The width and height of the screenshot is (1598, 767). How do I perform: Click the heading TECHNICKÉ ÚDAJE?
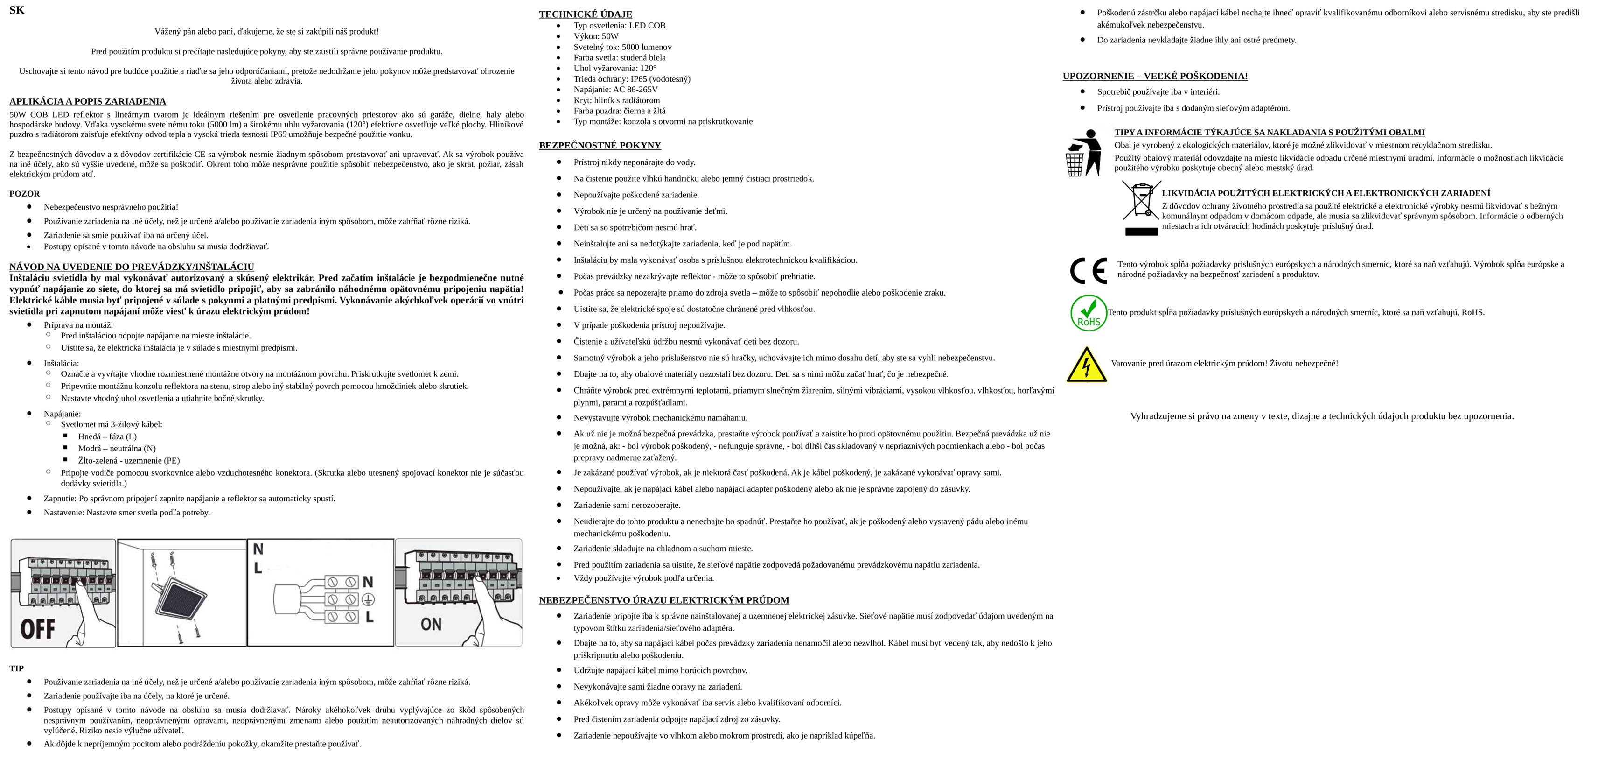click(585, 14)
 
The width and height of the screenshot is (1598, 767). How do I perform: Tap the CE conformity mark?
click(1088, 271)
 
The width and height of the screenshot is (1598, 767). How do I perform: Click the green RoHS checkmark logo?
click(1088, 313)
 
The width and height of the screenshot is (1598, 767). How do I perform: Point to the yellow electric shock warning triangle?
click(1086, 365)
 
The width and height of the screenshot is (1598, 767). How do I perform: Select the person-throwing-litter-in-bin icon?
click(1083, 153)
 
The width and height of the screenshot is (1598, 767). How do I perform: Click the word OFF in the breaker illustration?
click(38, 629)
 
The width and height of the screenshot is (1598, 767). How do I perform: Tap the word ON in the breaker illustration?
click(431, 624)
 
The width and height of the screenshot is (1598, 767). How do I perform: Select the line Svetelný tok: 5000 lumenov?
click(622, 47)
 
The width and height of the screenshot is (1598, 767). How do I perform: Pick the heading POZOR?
click(24, 194)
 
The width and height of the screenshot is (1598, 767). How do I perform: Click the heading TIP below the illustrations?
click(16, 668)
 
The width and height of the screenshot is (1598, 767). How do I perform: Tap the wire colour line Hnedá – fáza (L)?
click(107, 436)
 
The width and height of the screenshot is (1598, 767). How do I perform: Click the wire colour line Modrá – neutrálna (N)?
click(117, 448)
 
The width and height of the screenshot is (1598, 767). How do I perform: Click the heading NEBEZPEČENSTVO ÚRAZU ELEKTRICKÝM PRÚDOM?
click(664, 600)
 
